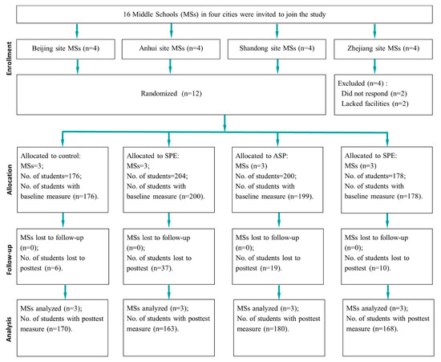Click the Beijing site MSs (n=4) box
(x=66, y=49)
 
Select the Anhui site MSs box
(x=171, y=49)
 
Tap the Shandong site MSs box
(x=277, y=49)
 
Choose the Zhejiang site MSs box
(x=383, y=49)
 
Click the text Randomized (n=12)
(x=172, y=93)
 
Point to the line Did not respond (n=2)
(x=374, y=93)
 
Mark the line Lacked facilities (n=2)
(x=375, y=104)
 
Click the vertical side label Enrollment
(x=10, y=59)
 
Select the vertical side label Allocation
(x=10, y=180)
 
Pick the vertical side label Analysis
(x=10, y=329)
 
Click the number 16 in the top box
(x=127, y=14)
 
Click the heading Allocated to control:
(x=51, y=156)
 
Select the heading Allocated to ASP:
(x=262, y=156)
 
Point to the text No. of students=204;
(x=157, y=176)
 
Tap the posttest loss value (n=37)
(x=162, y=268)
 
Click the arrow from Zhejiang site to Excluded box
(x=374, y=67)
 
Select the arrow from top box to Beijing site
(x=77, y=31)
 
